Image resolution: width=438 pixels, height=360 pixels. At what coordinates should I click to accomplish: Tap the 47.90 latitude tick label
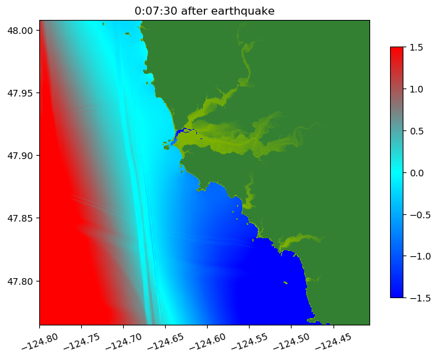coord(23,156)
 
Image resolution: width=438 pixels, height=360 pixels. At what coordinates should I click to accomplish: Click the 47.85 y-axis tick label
coord(23,218)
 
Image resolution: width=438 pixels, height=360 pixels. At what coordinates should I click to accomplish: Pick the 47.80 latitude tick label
coord(23,281)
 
